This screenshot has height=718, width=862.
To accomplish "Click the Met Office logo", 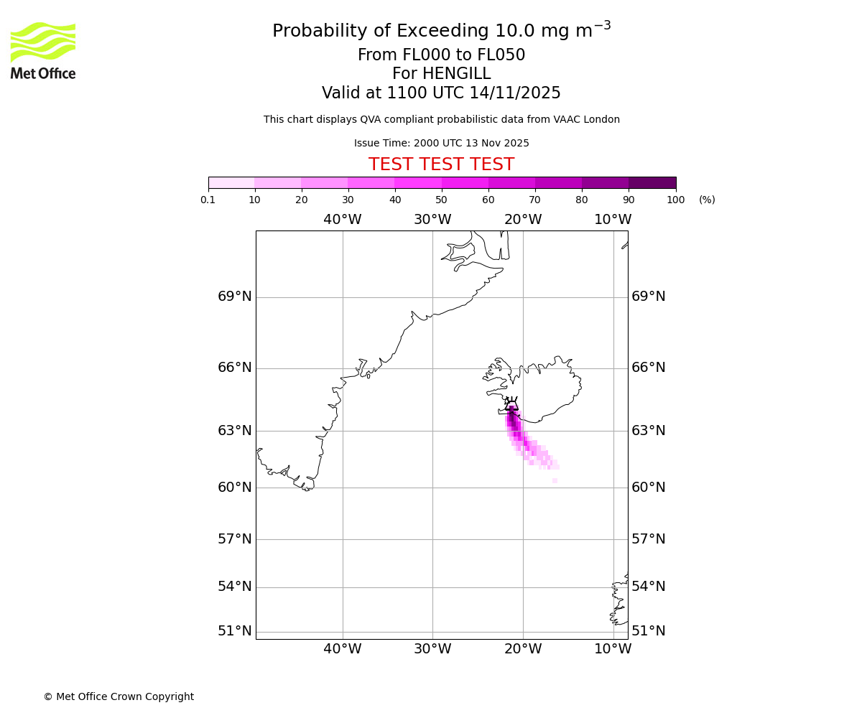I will (43, 50).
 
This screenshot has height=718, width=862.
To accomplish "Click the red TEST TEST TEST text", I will (441, 164).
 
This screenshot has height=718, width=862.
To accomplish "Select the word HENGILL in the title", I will (441, 74).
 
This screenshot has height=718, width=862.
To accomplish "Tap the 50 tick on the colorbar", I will (442, 200).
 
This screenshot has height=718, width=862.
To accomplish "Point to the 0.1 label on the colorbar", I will (208, 200).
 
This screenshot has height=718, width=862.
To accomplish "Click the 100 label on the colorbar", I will (675, 200).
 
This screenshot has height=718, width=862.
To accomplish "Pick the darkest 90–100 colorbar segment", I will (652, 182).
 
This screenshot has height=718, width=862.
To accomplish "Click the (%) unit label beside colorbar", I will (707, 200).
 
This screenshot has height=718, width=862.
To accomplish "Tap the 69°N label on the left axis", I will (235, 297).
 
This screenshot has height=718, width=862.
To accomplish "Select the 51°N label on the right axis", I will (648, 631).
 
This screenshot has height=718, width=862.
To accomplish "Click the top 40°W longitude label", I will (342, 220).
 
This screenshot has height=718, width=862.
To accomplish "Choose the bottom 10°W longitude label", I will (613, 649).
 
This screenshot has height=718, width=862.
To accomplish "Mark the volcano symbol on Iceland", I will (511, 404).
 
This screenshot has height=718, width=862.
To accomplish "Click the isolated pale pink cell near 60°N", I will (555, 480).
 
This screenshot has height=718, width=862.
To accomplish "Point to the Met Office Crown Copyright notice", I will (119, 696).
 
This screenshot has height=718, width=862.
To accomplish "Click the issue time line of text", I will (441, 143).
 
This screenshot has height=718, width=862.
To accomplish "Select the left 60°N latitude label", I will (235, 488).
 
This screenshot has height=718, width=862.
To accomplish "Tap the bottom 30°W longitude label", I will (432, 649).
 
